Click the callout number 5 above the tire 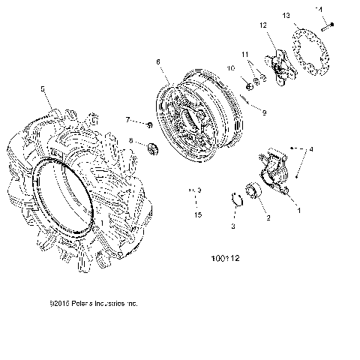click(42, 88)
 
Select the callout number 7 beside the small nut click(128, 120)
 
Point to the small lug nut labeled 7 click(151, 124)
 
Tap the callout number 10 click(232, 68)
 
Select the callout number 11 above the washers click(244, 55)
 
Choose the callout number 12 click(263, 25)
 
